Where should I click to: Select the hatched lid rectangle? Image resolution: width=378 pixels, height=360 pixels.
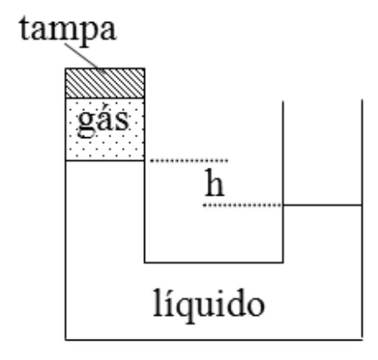(x=105, y=83)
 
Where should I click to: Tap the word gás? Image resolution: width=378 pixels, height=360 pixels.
(x=103, y=121)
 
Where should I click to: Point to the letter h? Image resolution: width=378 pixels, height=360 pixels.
(x=214, y=182)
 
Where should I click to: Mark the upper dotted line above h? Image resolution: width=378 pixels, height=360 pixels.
(x=189, y=161)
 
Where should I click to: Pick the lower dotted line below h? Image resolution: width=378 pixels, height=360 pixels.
(x=242, y=205)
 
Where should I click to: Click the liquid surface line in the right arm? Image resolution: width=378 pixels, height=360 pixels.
(x=323, y=205)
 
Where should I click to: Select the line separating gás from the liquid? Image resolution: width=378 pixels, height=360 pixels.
(x=105, y=161)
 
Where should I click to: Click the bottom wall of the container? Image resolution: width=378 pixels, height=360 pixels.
(x=214, y=340)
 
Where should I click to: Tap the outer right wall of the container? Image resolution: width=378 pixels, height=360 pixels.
(x=362, y=219)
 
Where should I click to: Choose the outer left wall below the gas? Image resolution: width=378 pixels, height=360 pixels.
(x=66, y=251)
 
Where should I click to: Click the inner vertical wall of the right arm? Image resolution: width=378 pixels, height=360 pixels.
(x=283, y=181)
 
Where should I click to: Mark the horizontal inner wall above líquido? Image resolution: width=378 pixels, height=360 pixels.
(x=214, y=263)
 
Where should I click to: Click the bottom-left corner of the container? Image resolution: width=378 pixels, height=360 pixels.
(x=66, y=340)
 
